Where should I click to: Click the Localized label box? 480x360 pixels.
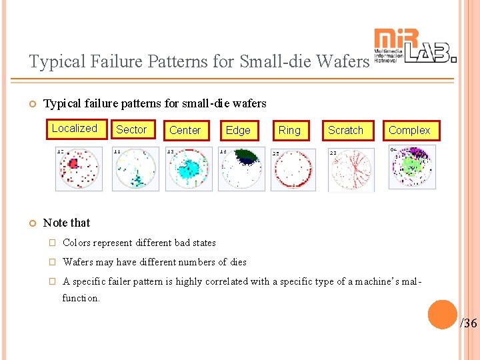(75, 129)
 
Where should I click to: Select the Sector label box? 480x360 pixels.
(131, 130)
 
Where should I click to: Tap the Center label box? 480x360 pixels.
(185, 131)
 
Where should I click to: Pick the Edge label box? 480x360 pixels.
(238, 131)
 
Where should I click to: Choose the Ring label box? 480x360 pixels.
(289, 131)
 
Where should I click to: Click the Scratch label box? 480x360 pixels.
(345, 131)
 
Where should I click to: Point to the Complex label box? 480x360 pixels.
(409, 131)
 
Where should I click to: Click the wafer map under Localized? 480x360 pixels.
(79, 169)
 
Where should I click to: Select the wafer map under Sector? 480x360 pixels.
(135, 169)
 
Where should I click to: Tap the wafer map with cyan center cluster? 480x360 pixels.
(189, 169)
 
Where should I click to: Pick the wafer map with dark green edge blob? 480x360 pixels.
(241, 169)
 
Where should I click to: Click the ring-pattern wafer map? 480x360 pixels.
(293, 169)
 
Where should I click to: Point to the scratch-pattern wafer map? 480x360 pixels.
(351, 169)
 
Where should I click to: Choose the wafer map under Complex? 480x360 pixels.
(412, 167)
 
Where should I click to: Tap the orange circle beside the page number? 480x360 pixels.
(442, 315)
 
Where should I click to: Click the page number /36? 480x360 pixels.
(469, 323)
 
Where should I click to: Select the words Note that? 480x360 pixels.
(67, 223)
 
